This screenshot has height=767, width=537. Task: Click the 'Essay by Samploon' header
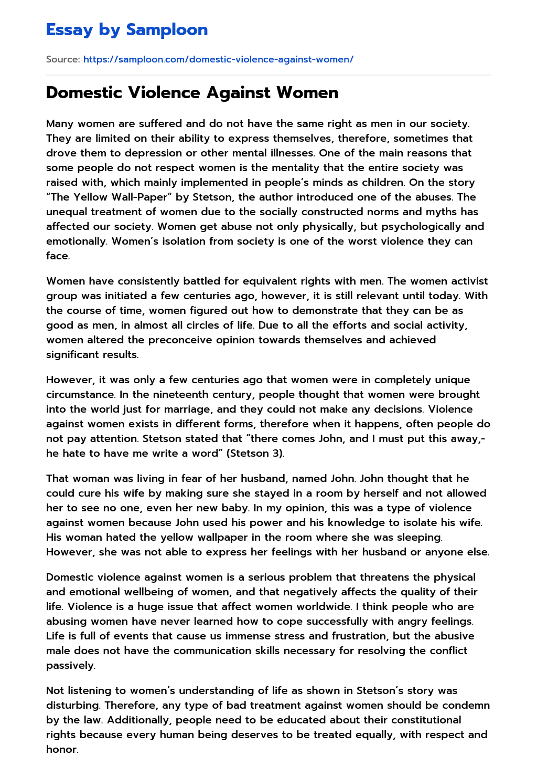(127, 30)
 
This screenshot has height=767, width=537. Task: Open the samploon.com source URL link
(218, 59)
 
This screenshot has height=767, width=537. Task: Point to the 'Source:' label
(63, 59)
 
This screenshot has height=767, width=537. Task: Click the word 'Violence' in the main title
(165, 92)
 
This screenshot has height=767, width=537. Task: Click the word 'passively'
(70, 665)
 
